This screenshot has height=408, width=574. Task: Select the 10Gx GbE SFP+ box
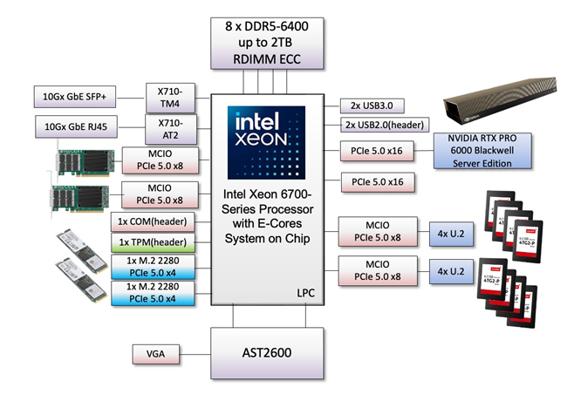(68, 94)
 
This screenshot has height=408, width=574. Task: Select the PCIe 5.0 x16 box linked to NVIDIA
(378, 153)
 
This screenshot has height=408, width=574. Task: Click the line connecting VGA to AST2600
(196, 355)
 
